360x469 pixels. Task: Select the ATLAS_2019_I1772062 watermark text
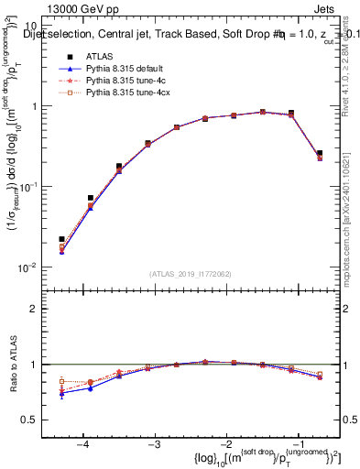pyautogui.click(x=191, y=273)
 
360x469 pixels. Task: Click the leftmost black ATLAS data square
pyautogui.click(x=61, y=239)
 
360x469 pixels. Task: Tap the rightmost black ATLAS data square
pyautogui.click(x=319, y=153)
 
